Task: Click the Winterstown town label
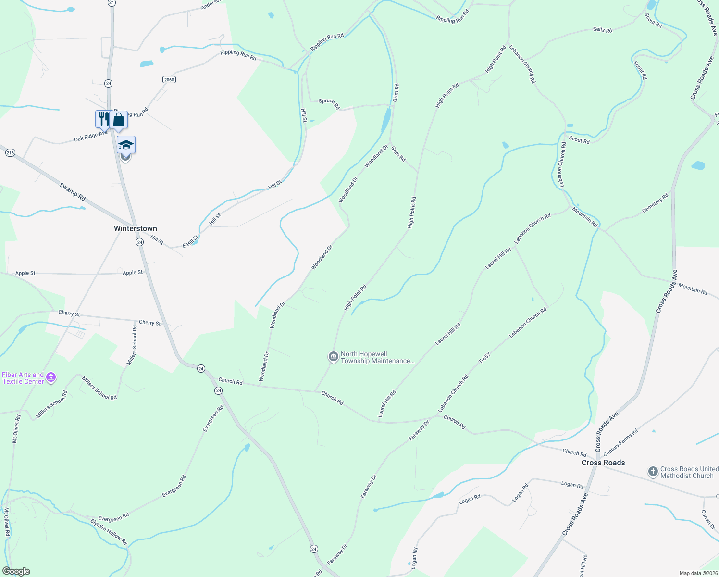[x=135, y=228]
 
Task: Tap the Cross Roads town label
[x=603, y=463]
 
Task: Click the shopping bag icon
[x=119, y=120]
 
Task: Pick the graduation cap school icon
[x=126, y=145]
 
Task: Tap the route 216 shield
[x=10, y=153]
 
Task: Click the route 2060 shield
[x=169, y=79]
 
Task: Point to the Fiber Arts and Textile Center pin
[x=51, y=378]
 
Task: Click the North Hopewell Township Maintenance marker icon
[x=333, y=357]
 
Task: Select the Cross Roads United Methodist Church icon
[x=653, y=472]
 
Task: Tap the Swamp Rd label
[x=73, y=191]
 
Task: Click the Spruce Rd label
[x=329, y=103]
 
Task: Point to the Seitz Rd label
[x=602, y=30]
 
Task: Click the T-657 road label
[x=484, y=357]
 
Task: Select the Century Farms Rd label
[x=620, y=442]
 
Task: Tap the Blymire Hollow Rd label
[x=109, y=531]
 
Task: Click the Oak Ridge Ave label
[x=91, y=137]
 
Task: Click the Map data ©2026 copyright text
[x=698, y=573]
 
